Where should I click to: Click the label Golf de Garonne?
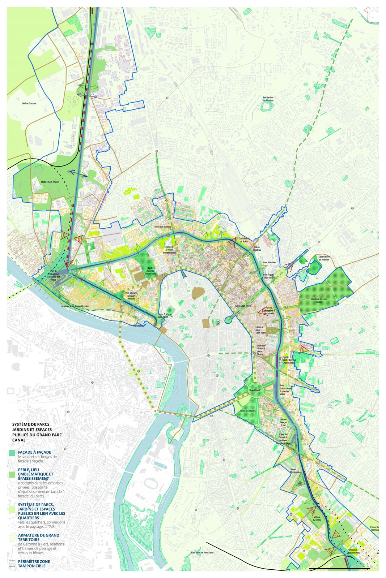(29, 103)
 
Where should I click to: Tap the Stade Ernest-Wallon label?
(50, 182)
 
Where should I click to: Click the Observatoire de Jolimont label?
(324, 258)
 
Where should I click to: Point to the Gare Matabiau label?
(269, 263)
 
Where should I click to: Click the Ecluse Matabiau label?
(256, 249)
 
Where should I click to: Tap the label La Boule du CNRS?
(317, 518)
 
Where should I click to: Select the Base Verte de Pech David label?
(202, 553)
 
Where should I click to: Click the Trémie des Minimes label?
(162, 227)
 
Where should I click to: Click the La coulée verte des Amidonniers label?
(75, 306)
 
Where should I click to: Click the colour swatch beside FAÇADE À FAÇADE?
(12, 453)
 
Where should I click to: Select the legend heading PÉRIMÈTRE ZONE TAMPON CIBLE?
(34, 564)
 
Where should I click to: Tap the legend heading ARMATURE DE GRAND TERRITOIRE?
(38, 538)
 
